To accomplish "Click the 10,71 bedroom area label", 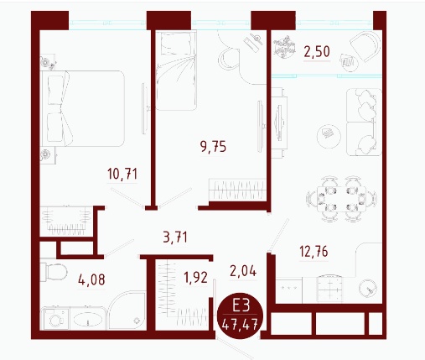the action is click(x=122, y=174).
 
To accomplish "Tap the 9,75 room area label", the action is click(x=213, y=147).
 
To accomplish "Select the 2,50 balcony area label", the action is click(x=317, y=52).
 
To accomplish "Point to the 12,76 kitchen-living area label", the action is click(x=314, y=251).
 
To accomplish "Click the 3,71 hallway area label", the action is click(x=175, y=237).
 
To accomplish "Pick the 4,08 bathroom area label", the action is click(x=91, y=279).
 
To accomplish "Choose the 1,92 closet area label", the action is click(x=195, y=278).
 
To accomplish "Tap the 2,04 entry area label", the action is click(x=243, y=271).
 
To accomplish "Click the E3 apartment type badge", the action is click(x=240, y=316).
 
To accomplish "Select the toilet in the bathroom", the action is click(x=54, y=272).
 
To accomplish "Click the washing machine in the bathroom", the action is click(x=55, y=319).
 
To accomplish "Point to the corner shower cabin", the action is click(x=127, y=310).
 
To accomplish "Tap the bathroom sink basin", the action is click(x=88, y=319).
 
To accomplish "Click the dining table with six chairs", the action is click(x=341, y=199).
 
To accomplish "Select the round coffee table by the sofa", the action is click(x=329, y=137).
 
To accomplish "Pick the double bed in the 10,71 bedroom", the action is click(x=82, y=108).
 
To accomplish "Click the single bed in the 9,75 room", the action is click(x=176, y=70).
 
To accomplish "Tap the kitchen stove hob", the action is click(x=329, y=289).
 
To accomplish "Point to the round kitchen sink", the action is click(x=368, y=289).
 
